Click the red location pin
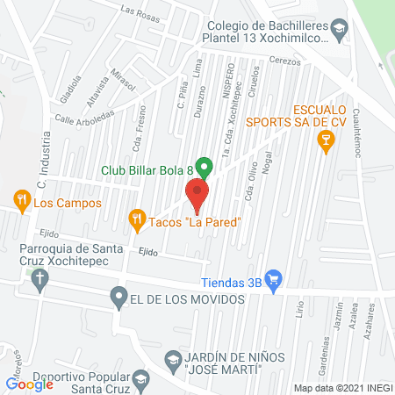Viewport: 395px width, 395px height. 197,194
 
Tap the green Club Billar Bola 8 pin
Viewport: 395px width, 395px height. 204,166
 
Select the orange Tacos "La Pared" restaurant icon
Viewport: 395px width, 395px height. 136,221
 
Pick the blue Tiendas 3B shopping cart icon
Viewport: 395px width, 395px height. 274,281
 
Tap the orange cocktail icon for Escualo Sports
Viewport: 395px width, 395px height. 327,140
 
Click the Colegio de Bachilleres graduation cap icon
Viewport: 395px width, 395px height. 338,33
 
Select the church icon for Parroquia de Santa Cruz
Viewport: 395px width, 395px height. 37,281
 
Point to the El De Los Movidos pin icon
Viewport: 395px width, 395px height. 118,298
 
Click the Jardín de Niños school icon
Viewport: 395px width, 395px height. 173,360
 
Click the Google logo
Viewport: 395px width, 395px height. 29,384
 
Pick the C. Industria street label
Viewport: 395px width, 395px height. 41,168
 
